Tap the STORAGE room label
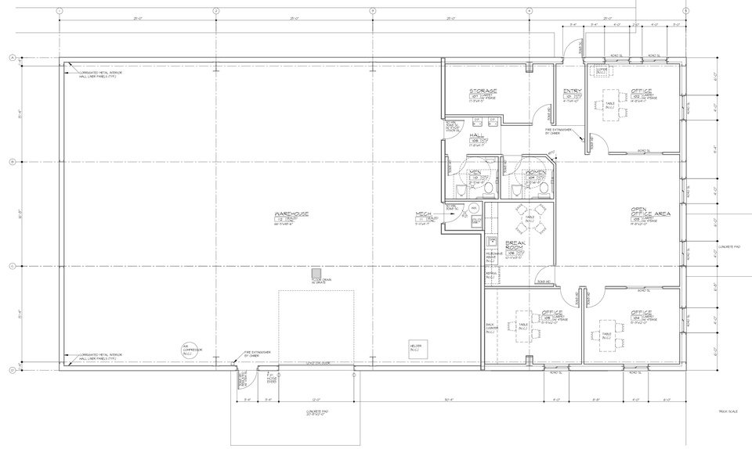click(x=483, y=92)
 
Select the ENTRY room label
click(x=571, y=92)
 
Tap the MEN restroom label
click(x=474, y=172)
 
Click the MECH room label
click(x=425, y=214)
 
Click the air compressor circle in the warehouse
click(x=186, y=350)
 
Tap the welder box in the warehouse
click(x=416, y=349)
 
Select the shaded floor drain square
click(x=317, y=271)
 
